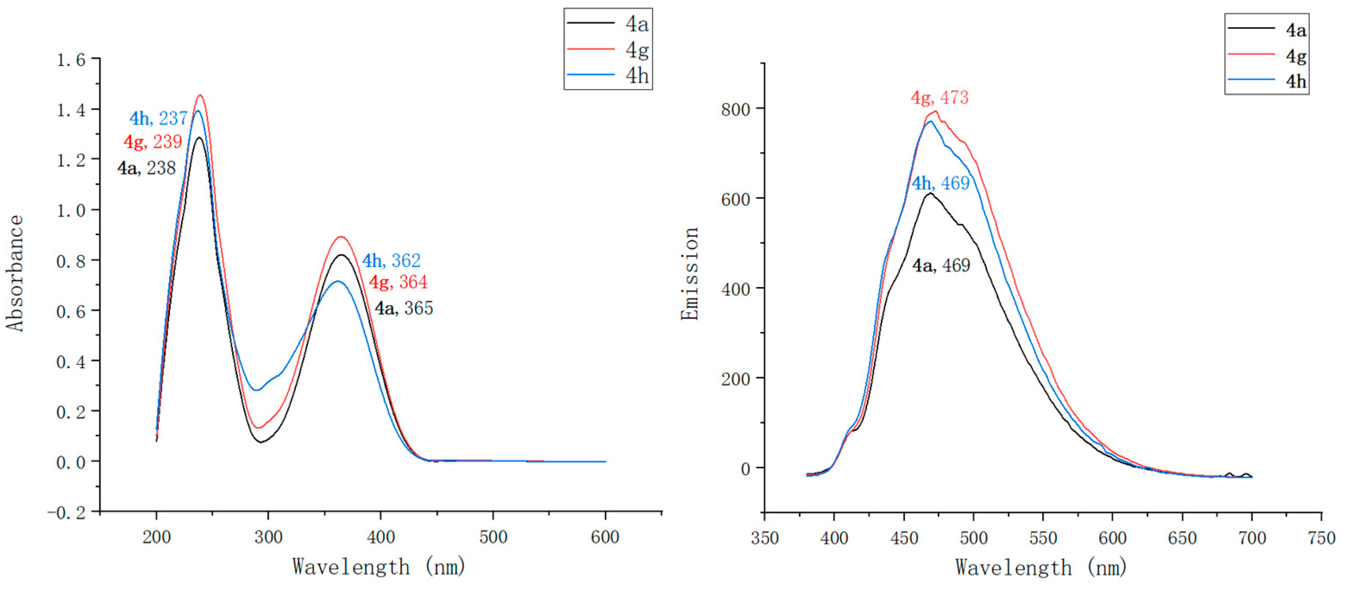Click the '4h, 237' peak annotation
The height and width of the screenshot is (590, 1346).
(158, 118)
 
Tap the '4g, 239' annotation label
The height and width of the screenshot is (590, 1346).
(153, 141)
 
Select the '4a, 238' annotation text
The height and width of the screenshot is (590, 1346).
(146, 168)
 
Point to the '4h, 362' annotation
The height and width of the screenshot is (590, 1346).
(391, 260)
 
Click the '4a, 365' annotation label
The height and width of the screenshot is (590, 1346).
(403, 308)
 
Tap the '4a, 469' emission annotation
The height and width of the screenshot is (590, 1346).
(940, 265)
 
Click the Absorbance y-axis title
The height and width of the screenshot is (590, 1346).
(15, 273)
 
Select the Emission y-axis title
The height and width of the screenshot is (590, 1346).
(690, 273)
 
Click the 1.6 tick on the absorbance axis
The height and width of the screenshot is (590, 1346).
(71, 60)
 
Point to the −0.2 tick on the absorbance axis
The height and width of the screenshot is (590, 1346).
(66, 512)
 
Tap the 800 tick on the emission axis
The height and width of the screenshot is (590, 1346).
(735, 109)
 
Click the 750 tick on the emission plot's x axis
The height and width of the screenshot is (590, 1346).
(1321, 538)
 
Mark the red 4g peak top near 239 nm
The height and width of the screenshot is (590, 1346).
(200, 96)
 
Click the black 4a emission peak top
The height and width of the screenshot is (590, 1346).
(930, 193)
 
